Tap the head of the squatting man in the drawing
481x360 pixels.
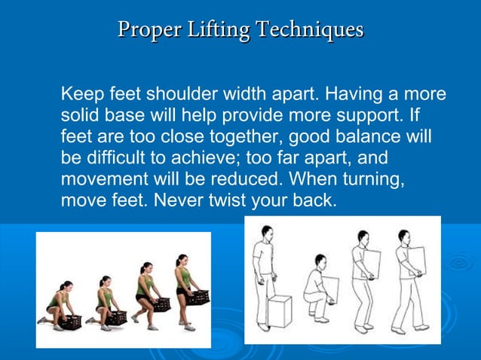click(320, 261)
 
